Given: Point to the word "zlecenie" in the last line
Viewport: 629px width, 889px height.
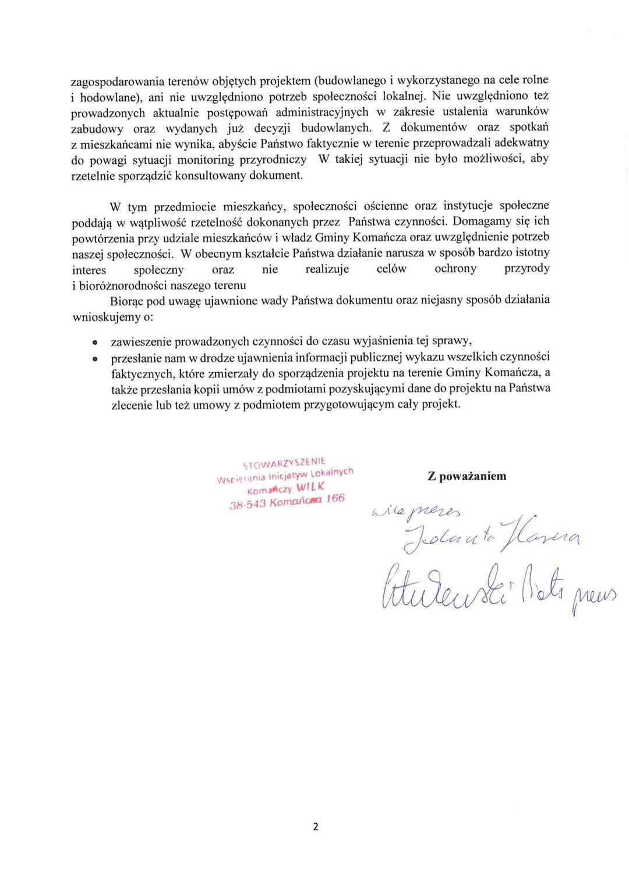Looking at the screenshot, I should point(132,405).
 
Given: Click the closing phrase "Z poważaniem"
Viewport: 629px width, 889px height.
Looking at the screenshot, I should point(467,476).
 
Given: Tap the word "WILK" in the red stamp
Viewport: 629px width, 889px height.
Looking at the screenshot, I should point(311,487).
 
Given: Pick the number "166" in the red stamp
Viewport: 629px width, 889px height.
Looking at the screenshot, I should point(335,499).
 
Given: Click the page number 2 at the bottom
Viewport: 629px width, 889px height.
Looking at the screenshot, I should point(316,826).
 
